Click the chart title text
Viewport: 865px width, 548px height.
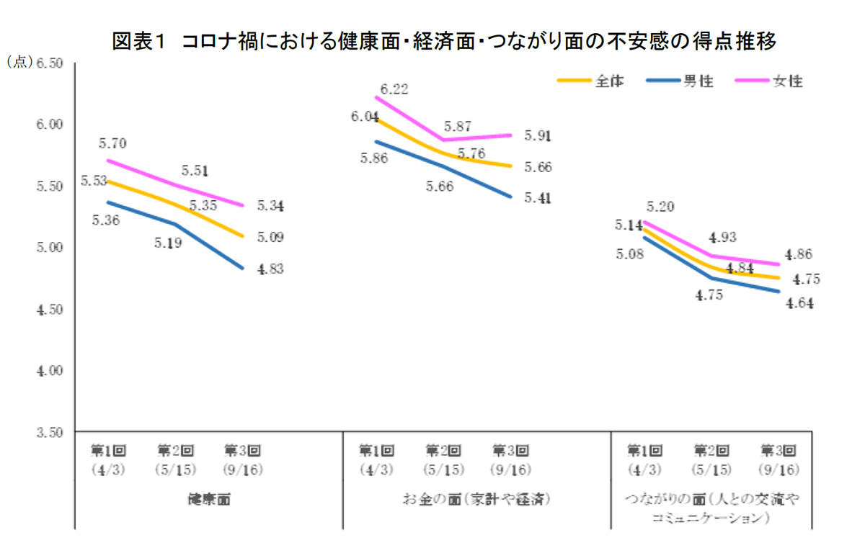[443, 42]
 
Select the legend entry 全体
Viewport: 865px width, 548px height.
[609, 81]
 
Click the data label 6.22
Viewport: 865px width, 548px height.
[395, 89]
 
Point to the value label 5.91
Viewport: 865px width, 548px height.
[537, 136]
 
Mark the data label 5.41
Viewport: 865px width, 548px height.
[537, 198]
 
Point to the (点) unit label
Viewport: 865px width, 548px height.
[19, 63]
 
